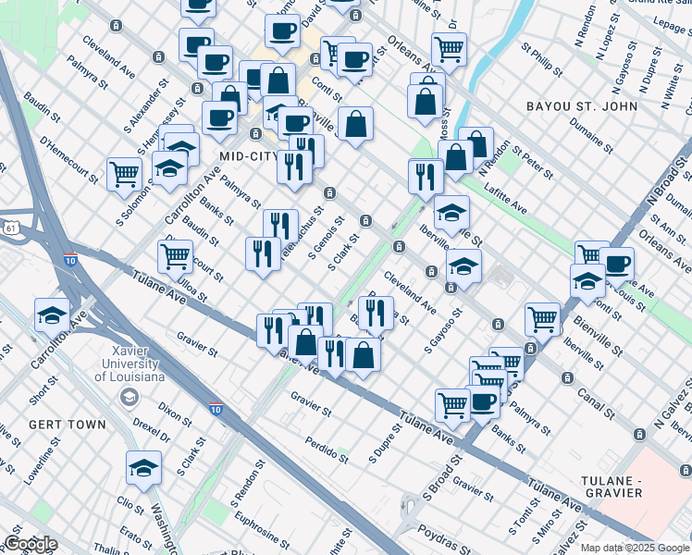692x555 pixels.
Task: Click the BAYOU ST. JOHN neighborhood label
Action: [x=582, y=106]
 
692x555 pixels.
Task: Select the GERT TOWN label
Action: [x=58, y=423]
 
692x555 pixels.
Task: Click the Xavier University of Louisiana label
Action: [x=127, y=364]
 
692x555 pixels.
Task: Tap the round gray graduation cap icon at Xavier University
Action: [x=129, y=397]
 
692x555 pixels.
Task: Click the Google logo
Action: [x=30, y=544]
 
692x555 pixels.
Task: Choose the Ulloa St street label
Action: [x=192, y=283]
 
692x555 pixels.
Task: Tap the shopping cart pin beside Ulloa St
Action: [x=175, y=257]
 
